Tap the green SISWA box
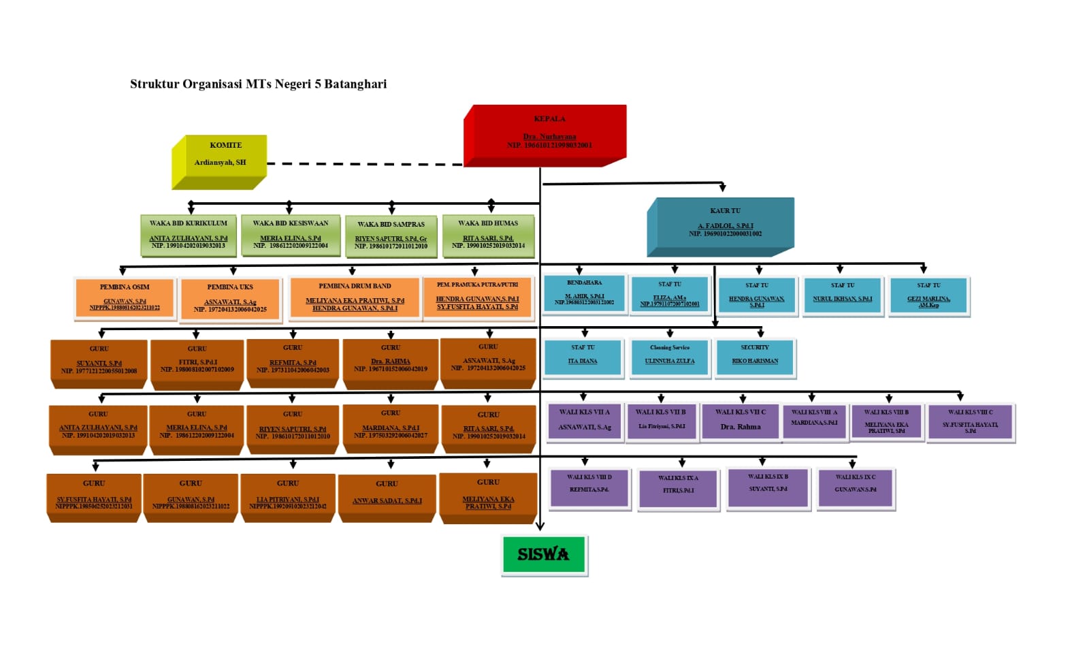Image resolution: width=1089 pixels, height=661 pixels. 544,554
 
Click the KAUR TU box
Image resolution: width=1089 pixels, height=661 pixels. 724,223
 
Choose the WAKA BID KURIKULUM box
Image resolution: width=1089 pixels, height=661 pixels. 189,235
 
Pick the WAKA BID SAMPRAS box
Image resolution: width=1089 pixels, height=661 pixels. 391,236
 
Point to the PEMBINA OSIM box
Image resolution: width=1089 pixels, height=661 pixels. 125,298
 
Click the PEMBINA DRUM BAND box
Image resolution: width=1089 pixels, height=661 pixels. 355,297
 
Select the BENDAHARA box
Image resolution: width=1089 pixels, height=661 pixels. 584,293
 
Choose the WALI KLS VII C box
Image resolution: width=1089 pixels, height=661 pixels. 741,421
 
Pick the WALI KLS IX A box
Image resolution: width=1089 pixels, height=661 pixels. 678,487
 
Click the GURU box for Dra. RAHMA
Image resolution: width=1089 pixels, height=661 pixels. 391,362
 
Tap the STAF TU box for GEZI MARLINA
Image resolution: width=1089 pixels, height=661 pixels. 928,296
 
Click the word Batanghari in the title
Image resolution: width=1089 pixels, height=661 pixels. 355,84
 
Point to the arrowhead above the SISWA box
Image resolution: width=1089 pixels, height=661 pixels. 540,525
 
